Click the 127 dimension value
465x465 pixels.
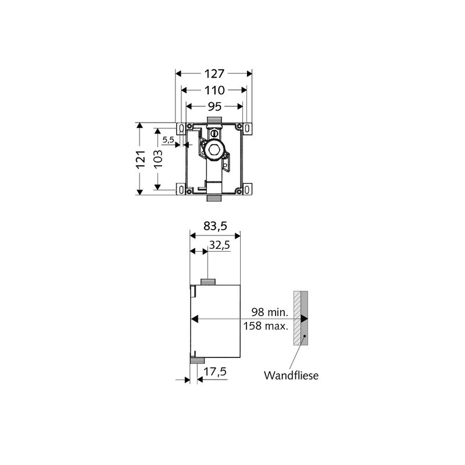pyautogui.click(x=214, y=74)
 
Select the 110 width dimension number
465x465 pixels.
pyautogui.click(x=214, y=90)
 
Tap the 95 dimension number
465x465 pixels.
pyautogui.click(x=214, y=106)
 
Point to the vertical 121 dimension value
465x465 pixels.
pyautogui.click(x=141, y=159)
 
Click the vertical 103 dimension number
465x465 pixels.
pyautogui.click(x=158, y=159)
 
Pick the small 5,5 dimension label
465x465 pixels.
pyautogui.click(x=168, y=139)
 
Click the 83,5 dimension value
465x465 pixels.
pyautogui.click(x=215, y=226)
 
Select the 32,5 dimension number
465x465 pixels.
pyautogui.click(x=220, y=245)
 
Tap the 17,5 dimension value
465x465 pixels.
pyautogui.click(x=216, y=371)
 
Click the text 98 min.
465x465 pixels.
pyautogui.click(x=270, y=312)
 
